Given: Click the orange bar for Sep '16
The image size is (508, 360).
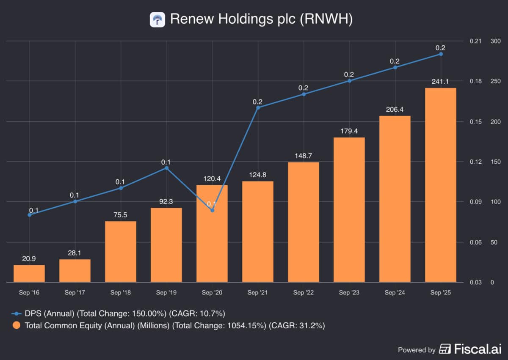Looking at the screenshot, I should click(x=29, y=273).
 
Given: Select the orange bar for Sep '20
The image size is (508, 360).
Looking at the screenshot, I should click(x=212, y=234).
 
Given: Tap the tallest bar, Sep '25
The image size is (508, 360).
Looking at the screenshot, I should click(x=441, y=185).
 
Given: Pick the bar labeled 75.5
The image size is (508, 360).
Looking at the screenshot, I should click(x=121, y=251).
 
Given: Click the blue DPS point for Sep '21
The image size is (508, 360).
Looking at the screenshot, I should click(x=258, y=107).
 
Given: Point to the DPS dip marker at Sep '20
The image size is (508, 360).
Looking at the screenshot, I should click(x=212, y=210).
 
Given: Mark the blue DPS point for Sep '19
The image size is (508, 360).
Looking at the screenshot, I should click(x=166, y=168).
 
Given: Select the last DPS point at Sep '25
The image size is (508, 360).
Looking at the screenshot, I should click(x=441, y=54).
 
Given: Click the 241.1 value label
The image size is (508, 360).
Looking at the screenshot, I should click(x=441, y=82).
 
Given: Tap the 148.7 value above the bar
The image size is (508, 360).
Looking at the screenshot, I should click(x=304, y=156).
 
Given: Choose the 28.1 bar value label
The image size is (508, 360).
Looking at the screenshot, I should click(x=75, y=253).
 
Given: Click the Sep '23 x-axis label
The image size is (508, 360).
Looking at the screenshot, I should click(x=349, y=293).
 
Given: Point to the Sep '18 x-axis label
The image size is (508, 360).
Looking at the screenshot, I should click(x=121, y=293).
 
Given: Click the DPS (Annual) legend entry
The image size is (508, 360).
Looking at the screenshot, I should click(x=119, y=313).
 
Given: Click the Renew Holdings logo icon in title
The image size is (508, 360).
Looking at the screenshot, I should click(x=157, y=19).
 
